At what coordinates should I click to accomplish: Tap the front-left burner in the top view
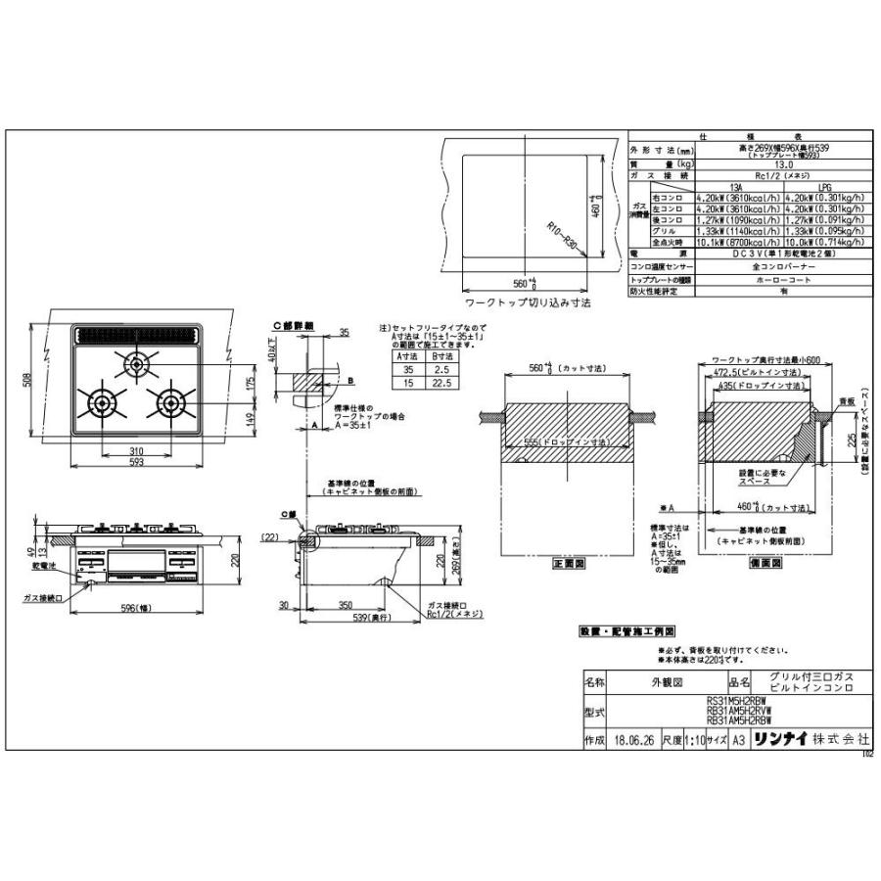101,402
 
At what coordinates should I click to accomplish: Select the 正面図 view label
567,564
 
